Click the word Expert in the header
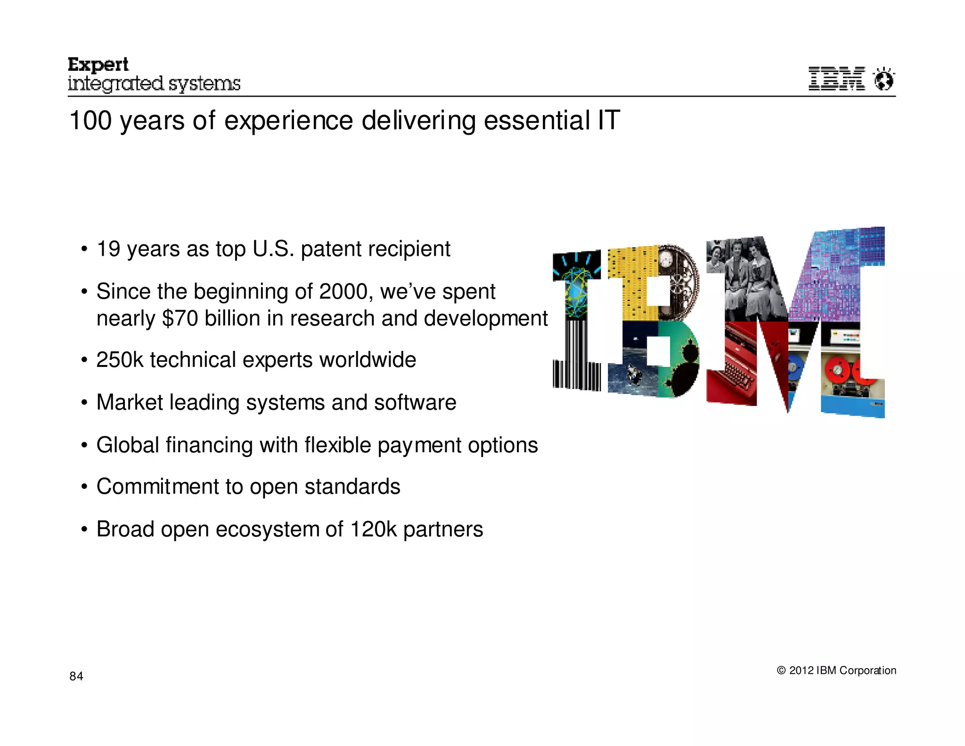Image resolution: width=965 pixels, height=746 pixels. tap(98, 65)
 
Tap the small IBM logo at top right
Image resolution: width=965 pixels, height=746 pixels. tap(836, 79)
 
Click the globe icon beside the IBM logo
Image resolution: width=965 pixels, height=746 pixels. tap(883, 79)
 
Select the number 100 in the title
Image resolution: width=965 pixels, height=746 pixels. tap(90, 121)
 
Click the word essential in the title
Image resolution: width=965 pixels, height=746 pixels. tap(537, 121)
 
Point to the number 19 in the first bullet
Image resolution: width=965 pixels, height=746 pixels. tap(108, 249)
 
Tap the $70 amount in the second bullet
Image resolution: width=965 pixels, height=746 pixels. tap(180, 318)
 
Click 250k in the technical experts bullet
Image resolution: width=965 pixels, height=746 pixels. tap(119, 360)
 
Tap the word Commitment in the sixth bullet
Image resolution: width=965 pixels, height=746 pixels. tap(157, 487)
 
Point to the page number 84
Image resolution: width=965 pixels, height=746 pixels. tap(76, 676)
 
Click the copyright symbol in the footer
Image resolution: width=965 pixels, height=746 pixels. tap(781, 670)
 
